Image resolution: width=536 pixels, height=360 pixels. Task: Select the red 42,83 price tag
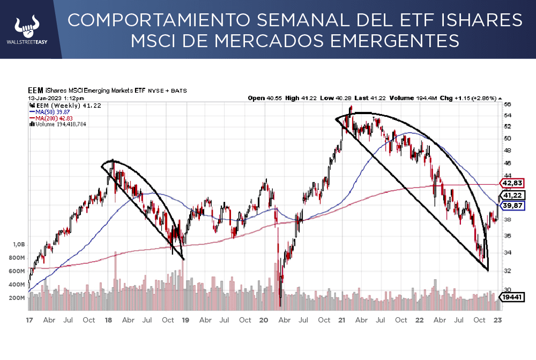click(x=511, y=183)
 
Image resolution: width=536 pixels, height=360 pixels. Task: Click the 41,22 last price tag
click(x=511, y=195)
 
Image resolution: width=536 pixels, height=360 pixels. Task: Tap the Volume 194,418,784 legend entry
click(x=59, y=124)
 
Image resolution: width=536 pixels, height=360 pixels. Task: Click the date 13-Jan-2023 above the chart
click(x=48, y=99)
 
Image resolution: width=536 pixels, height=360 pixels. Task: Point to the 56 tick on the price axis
click(x=507, y=104)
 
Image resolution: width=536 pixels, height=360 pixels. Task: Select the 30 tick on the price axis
click(x=507, y=290)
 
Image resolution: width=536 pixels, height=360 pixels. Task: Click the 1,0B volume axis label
click(x=19, y=244)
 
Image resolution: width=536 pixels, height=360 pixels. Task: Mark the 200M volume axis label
click(x=18, y=298)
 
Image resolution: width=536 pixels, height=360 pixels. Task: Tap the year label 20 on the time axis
click(x=263, y=320)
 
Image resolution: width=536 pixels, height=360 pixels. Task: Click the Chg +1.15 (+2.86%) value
click(x=475, y=99)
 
